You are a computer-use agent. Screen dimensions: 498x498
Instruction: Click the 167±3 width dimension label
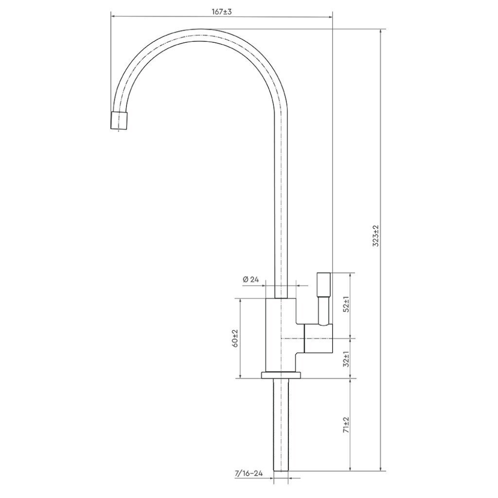click(222, 12)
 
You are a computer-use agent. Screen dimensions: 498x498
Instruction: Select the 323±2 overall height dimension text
click(376, 236)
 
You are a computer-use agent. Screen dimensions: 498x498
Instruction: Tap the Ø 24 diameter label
click(251, 280)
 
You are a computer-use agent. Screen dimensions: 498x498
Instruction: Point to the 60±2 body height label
click(235, 338)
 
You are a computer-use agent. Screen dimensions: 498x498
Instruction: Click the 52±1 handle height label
click(346, 304)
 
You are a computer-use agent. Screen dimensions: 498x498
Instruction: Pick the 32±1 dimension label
click(346, 359)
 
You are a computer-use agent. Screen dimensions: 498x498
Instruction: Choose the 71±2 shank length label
click(346, 425)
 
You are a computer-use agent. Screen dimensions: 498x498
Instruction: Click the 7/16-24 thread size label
click(249, 474)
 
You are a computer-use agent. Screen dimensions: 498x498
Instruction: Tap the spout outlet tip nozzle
click(120, 121)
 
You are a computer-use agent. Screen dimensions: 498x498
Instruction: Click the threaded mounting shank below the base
click(281, 425)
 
